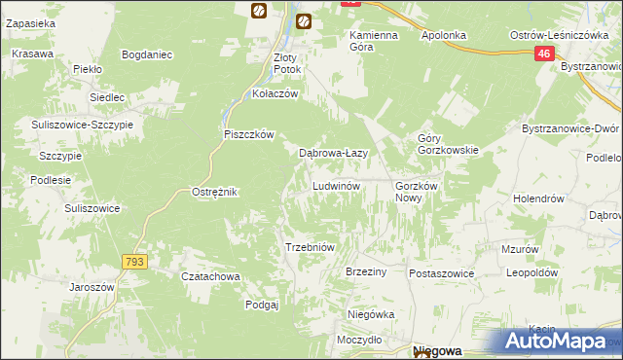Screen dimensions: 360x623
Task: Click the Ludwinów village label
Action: pos(337,186)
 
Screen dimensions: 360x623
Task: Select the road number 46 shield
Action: pos(544,57)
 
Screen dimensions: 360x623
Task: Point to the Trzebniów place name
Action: pos(310,247)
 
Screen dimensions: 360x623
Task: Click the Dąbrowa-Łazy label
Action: pos(331,153)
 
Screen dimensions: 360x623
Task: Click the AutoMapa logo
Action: pos(557,342)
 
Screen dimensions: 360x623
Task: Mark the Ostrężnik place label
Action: pos(215,193)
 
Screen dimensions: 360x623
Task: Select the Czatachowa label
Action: pos(210,276)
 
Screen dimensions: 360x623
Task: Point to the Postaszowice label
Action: pos(441,273)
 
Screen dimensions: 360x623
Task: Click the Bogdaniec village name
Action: pos(148,54)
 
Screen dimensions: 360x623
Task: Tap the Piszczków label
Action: pos(250,134)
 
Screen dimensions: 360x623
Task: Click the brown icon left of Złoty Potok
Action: pos(259,11)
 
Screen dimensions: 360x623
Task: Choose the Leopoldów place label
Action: pos(531,273)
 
